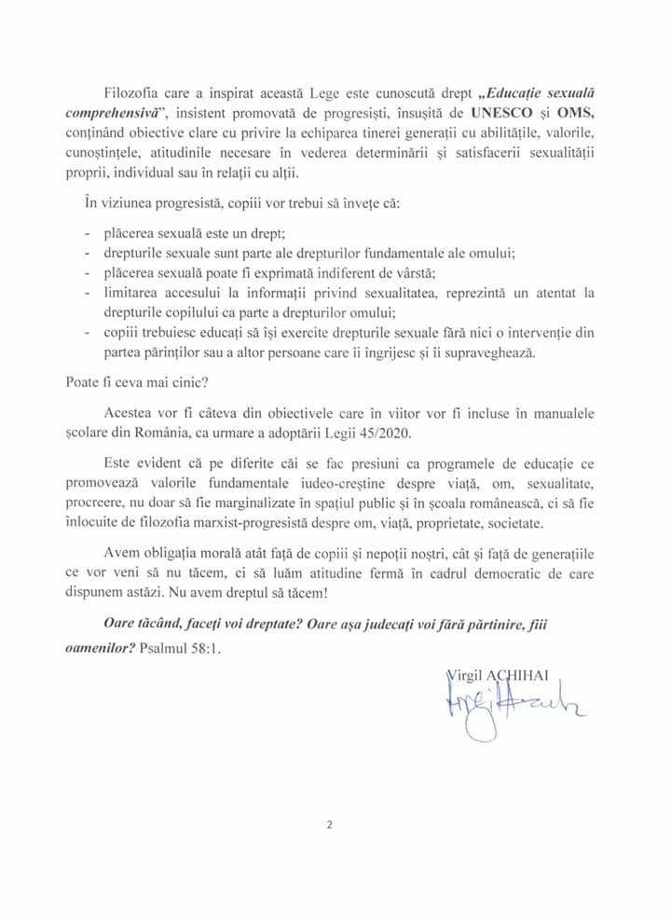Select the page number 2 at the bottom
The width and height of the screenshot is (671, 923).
(x=331, y=823)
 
